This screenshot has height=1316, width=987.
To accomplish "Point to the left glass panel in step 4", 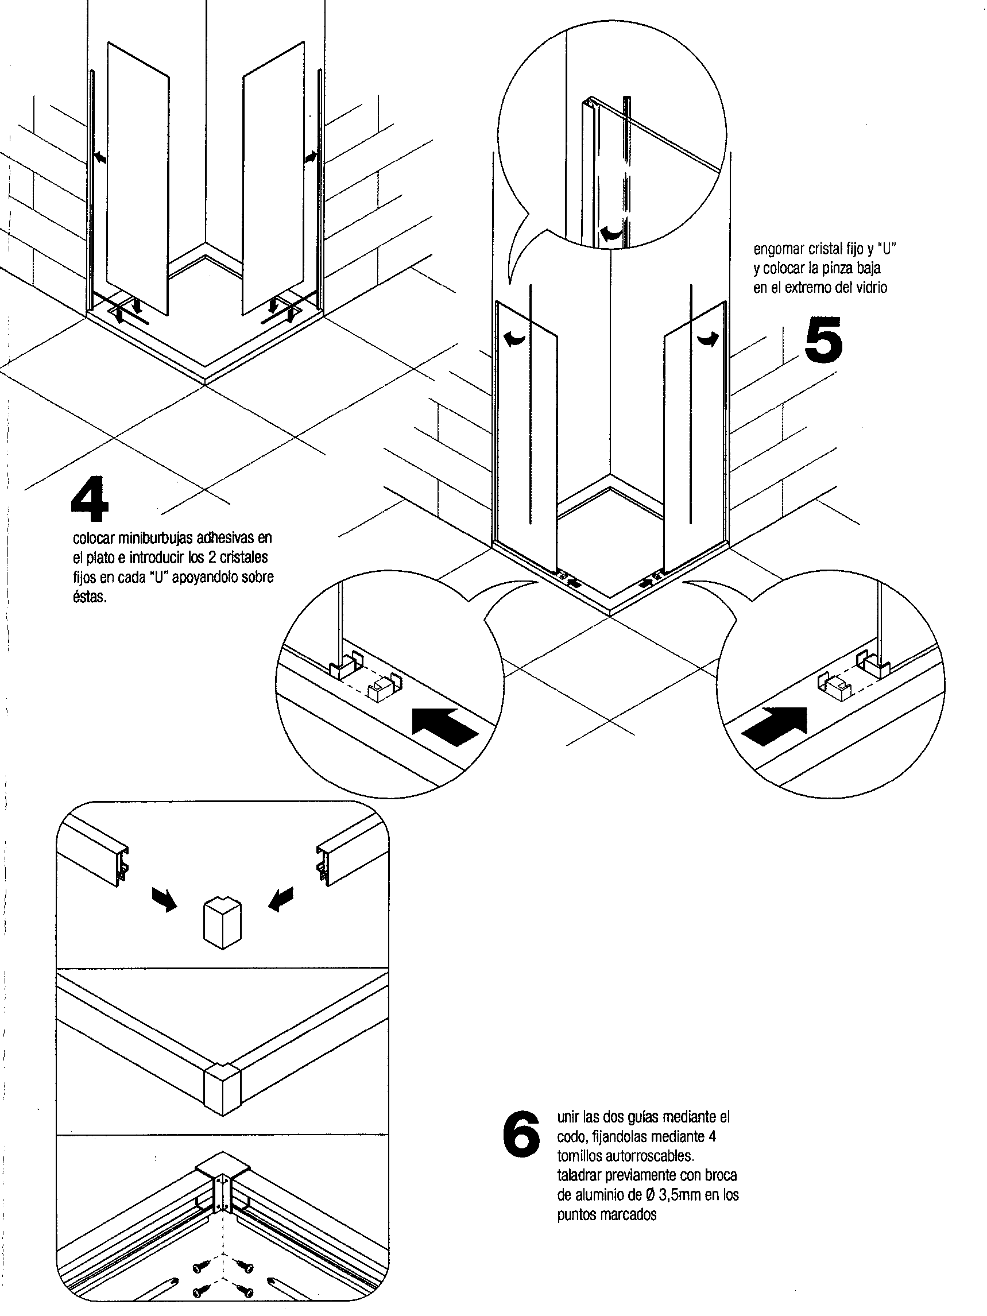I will [x=138, y=179].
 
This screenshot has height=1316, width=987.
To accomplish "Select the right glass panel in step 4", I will [x=274, y=179].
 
